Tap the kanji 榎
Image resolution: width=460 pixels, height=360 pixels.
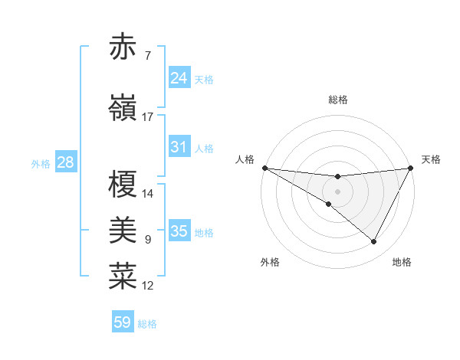pos(123,185)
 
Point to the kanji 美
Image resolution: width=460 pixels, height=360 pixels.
pos(123,230)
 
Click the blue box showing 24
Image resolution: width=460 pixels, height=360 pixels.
pos(179,77)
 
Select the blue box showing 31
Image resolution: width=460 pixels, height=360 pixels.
pos(179,148)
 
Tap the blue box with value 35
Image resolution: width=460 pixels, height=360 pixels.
pos(179,231)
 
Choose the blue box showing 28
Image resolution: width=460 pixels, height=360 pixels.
pos(65,162)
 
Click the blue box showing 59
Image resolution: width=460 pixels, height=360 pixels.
pos(123,322)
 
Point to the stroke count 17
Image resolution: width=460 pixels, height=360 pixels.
pos(148,117)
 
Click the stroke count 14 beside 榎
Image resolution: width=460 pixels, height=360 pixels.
pos(148,194)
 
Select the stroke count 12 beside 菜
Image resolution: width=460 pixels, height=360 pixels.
pos(148,286)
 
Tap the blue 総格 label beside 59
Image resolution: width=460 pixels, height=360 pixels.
pos(148,324)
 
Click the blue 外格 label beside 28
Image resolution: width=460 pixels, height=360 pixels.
pos(41,163)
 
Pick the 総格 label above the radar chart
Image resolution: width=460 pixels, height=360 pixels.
pos(338,100)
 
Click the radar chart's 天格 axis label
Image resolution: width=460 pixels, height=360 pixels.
pos(431,159)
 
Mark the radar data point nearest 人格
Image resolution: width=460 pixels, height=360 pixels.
pos(264,168)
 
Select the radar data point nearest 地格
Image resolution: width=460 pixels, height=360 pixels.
pos(374,242)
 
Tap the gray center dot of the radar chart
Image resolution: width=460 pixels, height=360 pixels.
pos(337,189)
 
